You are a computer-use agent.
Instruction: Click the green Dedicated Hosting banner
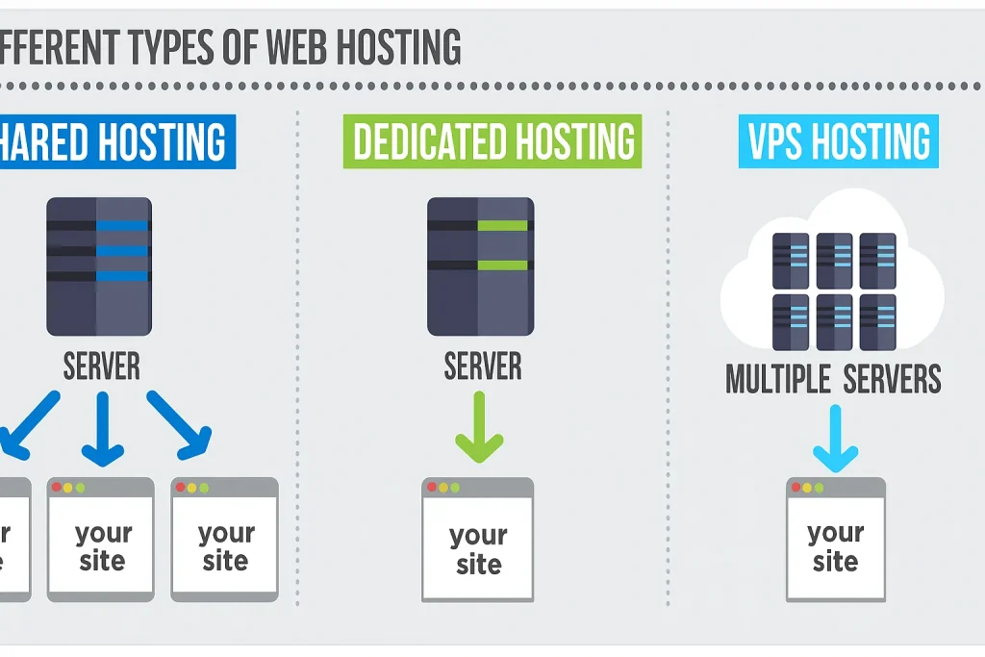(492, 141)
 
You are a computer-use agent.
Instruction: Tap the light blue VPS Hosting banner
(838, 141)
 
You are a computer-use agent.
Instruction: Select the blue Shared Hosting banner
(115, 141)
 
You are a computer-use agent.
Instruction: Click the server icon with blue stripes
(99, 265)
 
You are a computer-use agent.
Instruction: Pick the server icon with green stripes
(478, 265)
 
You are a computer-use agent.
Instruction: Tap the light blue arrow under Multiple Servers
(834, 438)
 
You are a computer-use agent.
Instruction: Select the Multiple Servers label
(833, 379)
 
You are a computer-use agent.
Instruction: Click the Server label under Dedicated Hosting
(482, 366)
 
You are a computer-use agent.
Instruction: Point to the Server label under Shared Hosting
(101, 366)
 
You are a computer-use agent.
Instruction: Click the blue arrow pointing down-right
(180, 423)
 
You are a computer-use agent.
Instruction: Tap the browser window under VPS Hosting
(835, 540)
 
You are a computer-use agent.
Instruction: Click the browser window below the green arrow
(477, 540)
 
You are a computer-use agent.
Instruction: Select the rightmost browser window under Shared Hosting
(224, 540)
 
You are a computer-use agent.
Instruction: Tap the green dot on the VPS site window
(820, 488)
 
